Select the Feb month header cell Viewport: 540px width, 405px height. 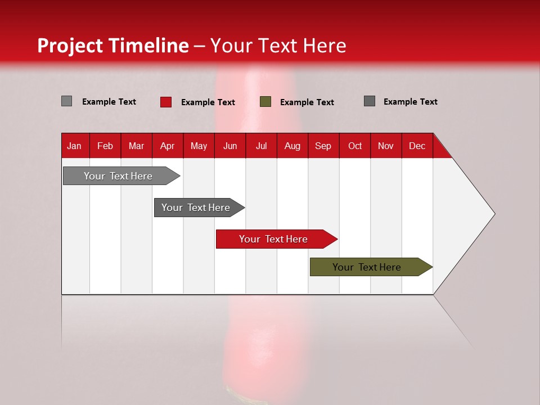tap(105, 146)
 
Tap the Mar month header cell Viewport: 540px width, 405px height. tap(136, 146)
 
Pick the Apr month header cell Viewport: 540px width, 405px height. tap(168, 146)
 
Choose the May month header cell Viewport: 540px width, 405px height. tap(199, 146)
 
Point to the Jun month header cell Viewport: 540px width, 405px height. tap(230, 146)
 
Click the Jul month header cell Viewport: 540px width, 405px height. tap(261, 146)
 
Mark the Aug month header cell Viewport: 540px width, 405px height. tap(292, 146)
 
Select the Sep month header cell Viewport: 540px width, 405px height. tap(323, 146)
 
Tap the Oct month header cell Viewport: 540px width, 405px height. tap(355, 146)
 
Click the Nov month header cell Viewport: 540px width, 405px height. tap(386, 146)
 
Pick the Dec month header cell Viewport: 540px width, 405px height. tap(417, 146)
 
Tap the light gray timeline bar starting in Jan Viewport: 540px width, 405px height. tap(119, 176)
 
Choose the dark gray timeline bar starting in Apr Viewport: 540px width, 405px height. tap(196, 208)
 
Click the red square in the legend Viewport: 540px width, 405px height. tap(166, 102)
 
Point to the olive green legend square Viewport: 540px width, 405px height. tap(265, 102)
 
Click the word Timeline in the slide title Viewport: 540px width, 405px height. tap(148, 46)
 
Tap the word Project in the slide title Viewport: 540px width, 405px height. tap(70, 46)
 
